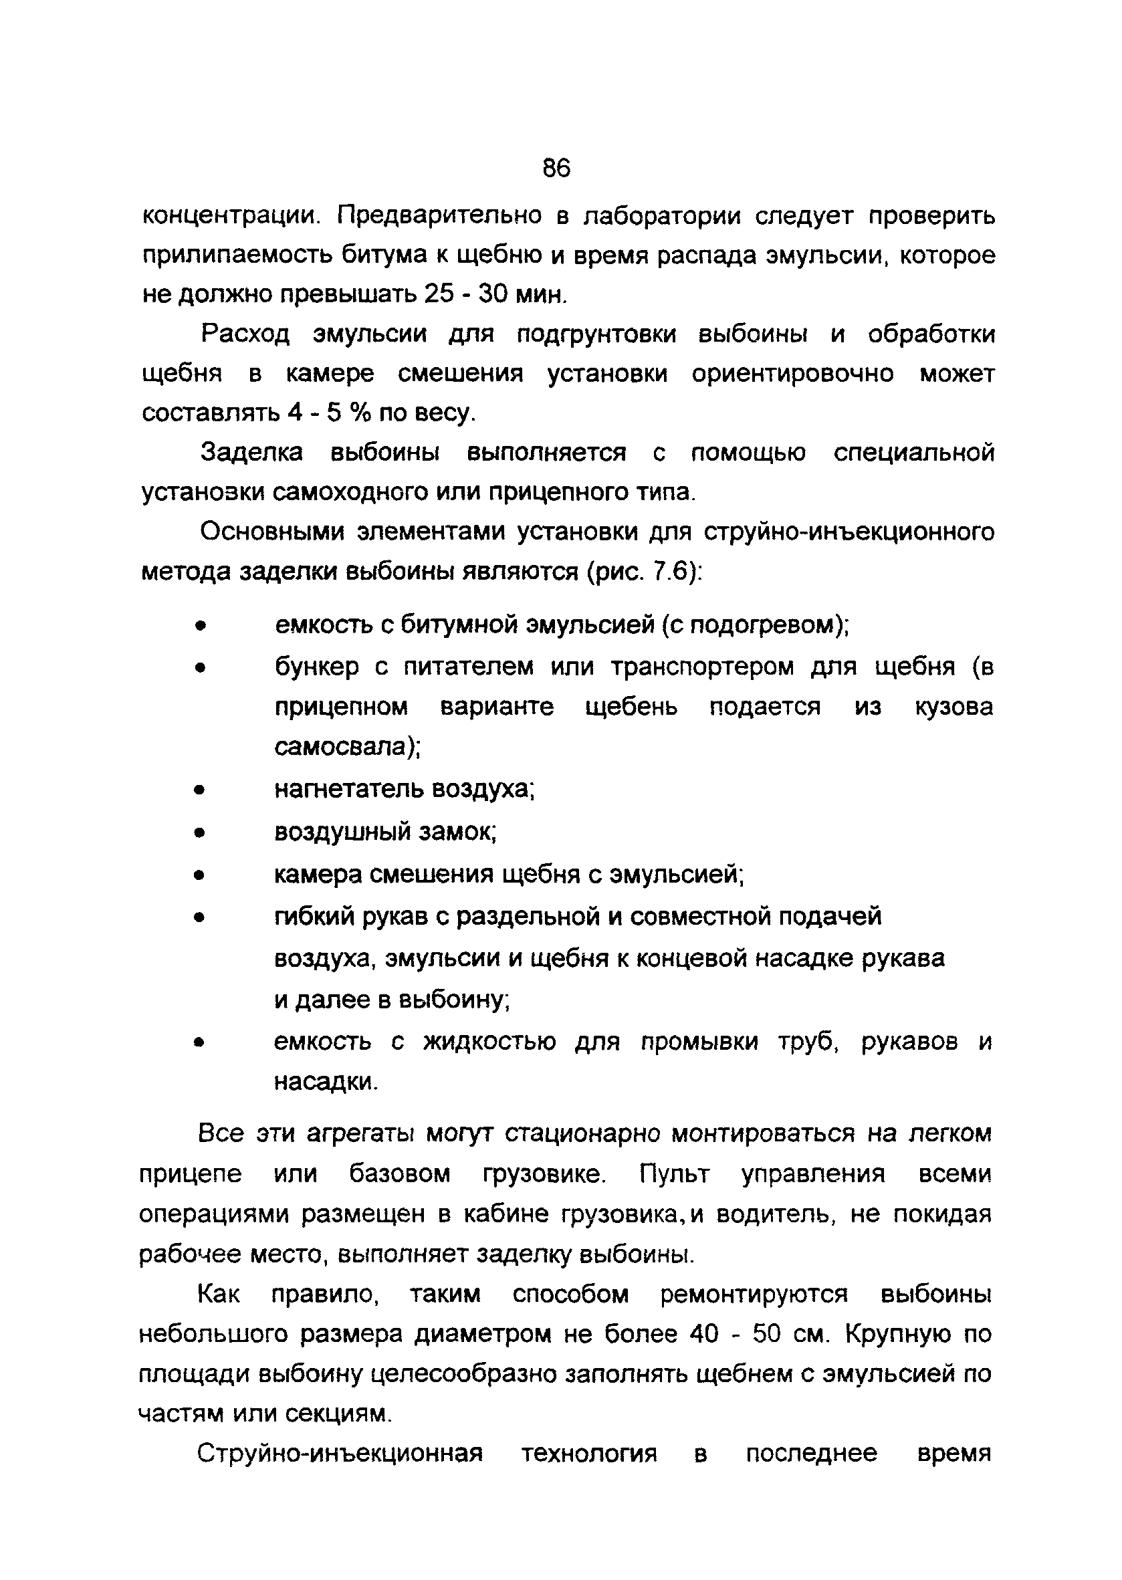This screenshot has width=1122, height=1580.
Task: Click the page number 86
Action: [556, 168]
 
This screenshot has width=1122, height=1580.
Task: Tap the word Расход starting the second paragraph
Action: [245, 334]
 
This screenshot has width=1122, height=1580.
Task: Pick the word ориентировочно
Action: [792, 374]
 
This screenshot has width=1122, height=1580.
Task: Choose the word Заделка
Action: [251, 453]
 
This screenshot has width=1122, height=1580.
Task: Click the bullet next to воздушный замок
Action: [200, 833]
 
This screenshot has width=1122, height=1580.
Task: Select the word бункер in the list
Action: [317, 667]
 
